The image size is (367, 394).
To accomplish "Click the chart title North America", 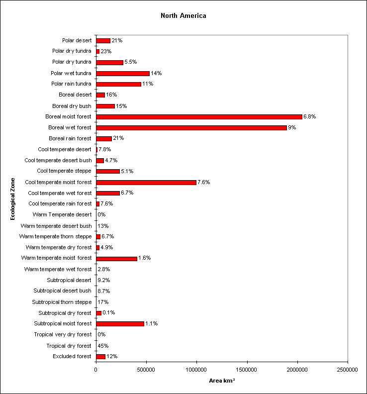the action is [183, 15].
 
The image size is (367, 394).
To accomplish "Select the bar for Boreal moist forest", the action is [199, 117].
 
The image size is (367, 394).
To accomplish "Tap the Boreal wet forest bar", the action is [191, 128].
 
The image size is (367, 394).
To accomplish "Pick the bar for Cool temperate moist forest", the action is [146, 183].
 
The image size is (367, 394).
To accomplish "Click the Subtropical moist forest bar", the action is [120, 324].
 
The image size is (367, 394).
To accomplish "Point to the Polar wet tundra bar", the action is [123, 73].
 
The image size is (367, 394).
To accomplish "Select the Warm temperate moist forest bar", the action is [116, 259].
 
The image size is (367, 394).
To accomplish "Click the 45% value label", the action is [103, 346].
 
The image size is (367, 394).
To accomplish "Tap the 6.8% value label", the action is [309, 116].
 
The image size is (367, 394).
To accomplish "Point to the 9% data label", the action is [292, 127].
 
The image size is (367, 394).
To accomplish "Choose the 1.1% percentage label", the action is [152, 323].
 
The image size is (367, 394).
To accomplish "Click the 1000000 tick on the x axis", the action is [196, 370].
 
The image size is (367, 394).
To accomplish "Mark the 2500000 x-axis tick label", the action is [348, 370].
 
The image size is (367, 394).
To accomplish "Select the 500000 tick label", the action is [146, 370].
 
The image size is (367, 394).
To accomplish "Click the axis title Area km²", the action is [222, 381].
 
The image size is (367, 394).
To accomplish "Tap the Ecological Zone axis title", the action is [12, 199].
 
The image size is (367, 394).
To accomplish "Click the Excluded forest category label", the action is [72, 356].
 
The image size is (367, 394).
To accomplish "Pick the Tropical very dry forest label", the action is [63, 334].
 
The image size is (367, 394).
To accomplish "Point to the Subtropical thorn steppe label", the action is [62, 302].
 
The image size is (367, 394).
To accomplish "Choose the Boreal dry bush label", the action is [72, 106].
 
